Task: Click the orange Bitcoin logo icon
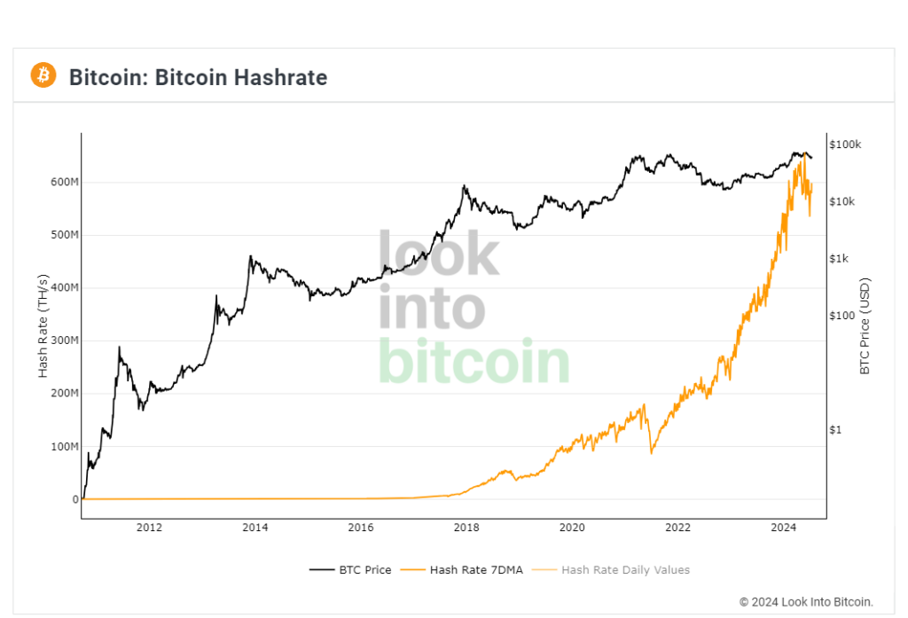(x=43, y=75)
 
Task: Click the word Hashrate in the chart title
(x=280, y=77)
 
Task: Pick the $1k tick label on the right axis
(x=840, y=259)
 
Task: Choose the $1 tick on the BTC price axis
(x=834, y=430)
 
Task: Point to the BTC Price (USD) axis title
(x=865, y=325)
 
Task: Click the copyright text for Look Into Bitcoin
(x=806, y=602)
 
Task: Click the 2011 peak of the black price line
(x=119, y=348)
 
